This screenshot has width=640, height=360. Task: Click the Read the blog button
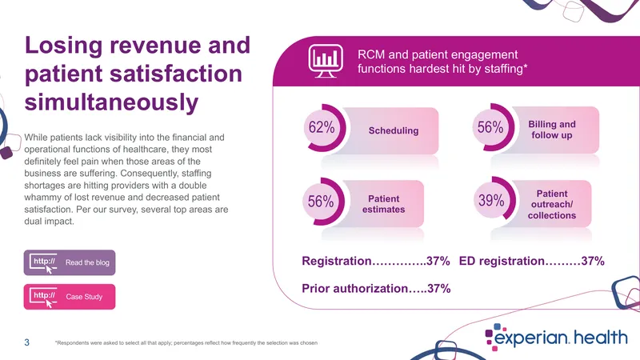point(70,262)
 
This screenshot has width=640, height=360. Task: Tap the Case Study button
point(70,297)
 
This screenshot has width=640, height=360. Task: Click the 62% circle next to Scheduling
point(325,128)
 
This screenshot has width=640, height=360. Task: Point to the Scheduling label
point(394,130)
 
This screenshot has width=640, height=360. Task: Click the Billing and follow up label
point(552,130)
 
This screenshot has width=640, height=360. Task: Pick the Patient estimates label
point(384,204)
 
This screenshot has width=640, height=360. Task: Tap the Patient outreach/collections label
point(552,205)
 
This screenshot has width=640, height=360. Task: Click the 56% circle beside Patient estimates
point(323,202)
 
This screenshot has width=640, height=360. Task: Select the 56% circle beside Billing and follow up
point(494,127)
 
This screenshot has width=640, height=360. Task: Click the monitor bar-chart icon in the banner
point(326,61)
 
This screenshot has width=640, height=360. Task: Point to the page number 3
point(27,342)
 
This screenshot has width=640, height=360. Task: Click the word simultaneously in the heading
point(111,102)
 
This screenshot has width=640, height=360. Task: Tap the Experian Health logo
point(556,338)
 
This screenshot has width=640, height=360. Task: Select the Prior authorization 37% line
point(376,289)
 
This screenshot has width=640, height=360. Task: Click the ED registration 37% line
point(531,261)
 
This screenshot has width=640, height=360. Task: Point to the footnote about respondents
point(186,343)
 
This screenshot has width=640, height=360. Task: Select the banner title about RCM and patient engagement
point(442,62)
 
